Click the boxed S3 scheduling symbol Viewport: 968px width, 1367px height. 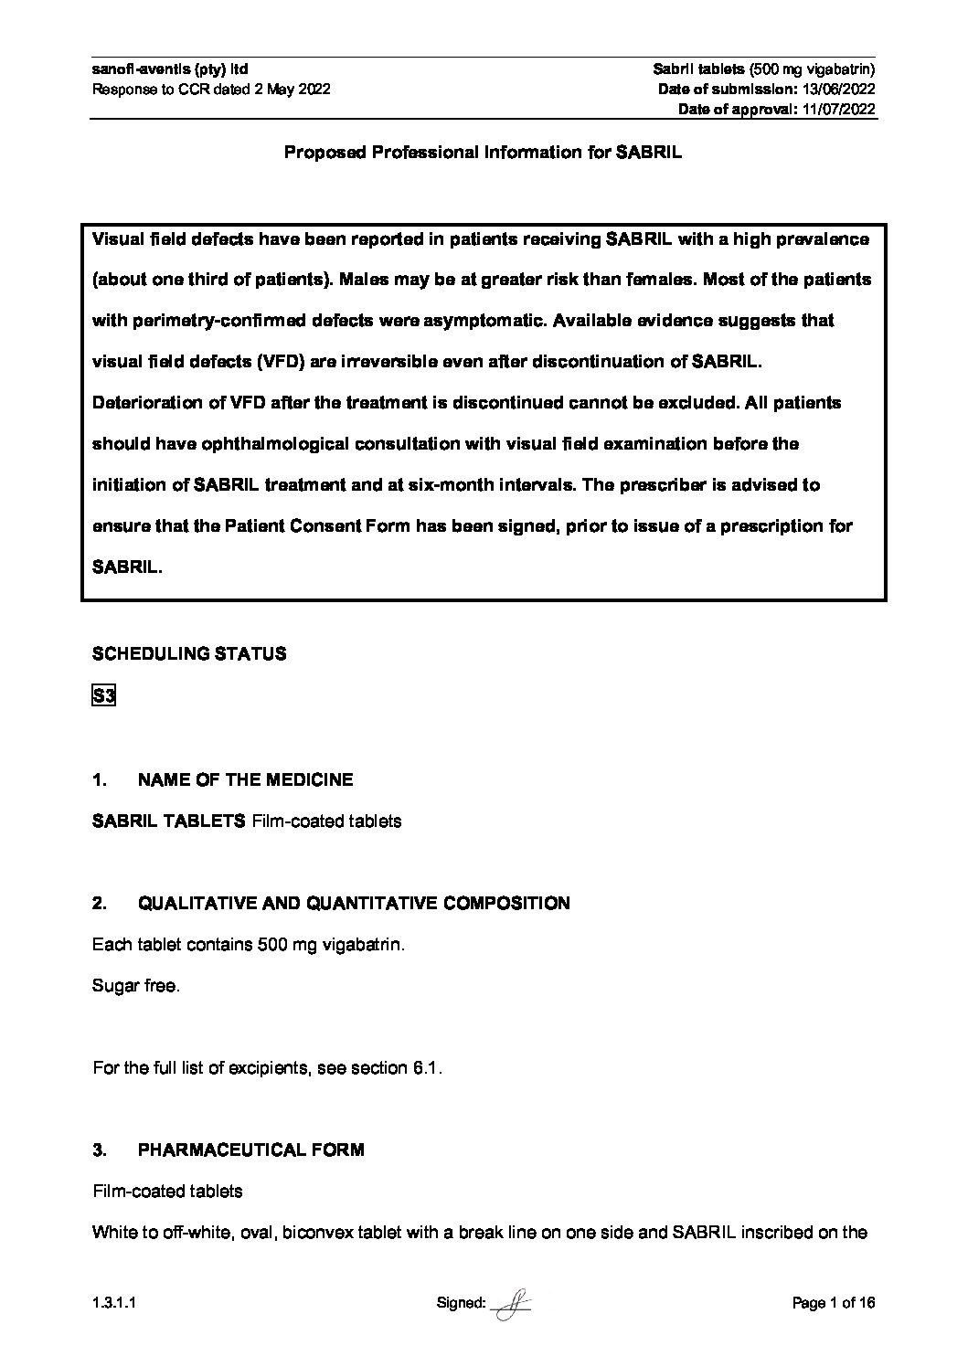click(103, 697)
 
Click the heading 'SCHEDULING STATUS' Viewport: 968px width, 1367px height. click(189, 654)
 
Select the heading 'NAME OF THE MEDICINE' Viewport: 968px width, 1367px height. click(245, 780)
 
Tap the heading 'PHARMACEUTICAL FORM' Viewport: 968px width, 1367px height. click(250, 1150)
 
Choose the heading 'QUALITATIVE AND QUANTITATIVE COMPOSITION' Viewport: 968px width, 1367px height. click(354, 904)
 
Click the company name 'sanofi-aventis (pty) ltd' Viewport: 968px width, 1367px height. click(170, 69)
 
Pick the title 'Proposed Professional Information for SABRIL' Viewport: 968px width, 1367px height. click(483, 153)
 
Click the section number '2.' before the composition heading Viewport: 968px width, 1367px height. click(100, 904)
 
